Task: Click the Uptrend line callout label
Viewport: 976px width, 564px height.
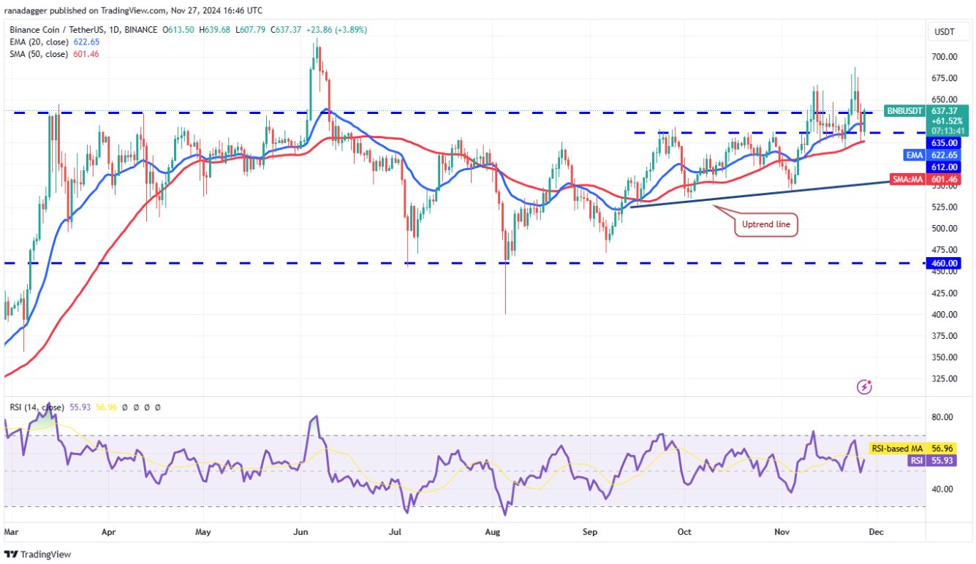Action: tap(765, 225)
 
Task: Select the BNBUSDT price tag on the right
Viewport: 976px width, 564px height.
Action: tap(904, 111)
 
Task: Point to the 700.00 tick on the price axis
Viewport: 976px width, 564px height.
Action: tap(943, 57)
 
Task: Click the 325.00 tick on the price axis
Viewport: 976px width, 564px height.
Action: tap(943, 378)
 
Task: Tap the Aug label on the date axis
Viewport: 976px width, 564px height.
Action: tap(493, 533)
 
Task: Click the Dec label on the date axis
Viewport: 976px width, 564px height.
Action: tap(876, 533)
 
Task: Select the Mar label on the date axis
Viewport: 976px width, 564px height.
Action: tap(11, 533)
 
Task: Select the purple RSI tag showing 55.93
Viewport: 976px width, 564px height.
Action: tap(916, 461)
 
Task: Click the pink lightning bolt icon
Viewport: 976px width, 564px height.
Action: tap(865, 386)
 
